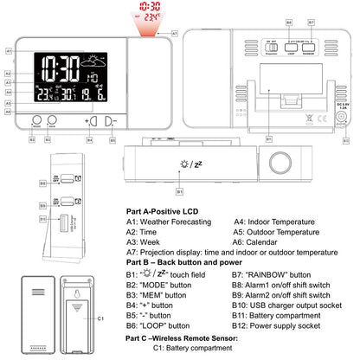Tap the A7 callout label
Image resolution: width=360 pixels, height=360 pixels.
coord(175,33)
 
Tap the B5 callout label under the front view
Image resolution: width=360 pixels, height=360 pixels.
coord(112,138)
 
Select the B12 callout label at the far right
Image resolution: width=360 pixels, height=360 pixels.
coord(346,138)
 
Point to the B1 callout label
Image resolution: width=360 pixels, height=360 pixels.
coord(179,189)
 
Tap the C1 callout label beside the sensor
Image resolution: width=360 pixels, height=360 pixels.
coord(100,319)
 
